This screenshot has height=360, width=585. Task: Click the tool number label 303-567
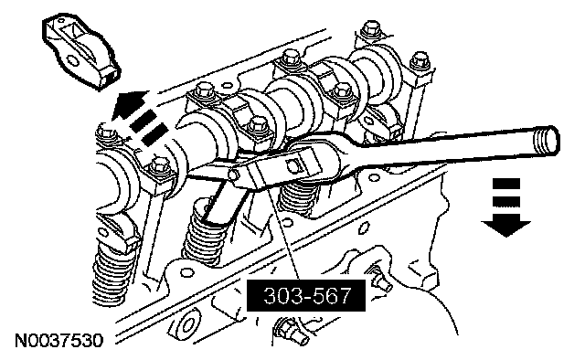pos(307,295)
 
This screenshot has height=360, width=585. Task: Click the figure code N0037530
pos(58,340)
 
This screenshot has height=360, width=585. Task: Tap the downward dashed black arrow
pos(505,207)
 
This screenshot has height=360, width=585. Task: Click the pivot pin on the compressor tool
pos(234,175)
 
